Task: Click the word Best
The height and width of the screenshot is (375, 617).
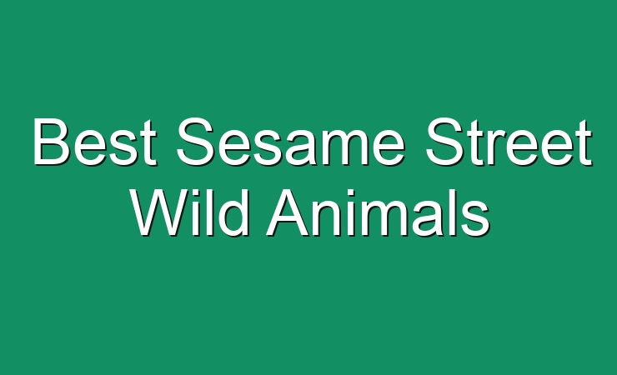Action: (95, 142)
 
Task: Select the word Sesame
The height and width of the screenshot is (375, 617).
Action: (291, 142)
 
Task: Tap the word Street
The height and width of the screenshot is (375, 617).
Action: (508, 142)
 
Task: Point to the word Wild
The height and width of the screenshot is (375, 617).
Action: (190, 212)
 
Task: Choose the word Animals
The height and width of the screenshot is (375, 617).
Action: (379, 212)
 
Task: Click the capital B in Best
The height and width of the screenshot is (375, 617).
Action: (51, 142)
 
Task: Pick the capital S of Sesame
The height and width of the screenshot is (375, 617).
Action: (196, 142)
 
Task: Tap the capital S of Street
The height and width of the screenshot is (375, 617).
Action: (444, 142)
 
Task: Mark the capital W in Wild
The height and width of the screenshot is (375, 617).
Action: (161, 212)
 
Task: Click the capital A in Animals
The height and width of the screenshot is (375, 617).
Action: (288, 212)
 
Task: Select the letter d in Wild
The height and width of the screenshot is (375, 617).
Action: (233, 212)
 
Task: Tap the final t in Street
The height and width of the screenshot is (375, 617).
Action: (584, 143)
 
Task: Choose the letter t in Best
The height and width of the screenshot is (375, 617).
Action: (149, 143)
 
